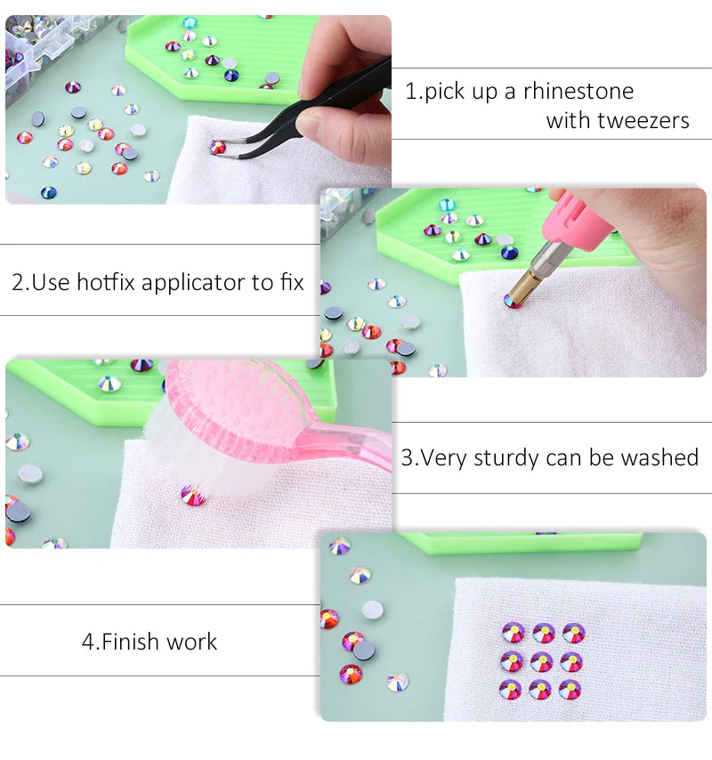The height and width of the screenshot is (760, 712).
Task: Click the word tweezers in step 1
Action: coord(643,121)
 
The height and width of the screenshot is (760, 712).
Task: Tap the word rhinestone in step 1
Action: coord(578,91)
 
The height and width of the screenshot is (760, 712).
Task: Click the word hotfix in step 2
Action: coord(107,283)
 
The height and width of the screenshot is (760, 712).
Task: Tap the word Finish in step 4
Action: coord(130,642)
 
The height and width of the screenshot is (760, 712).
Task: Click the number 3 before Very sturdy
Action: coord(407,458)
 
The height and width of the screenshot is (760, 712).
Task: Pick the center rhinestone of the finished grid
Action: coord(542,661)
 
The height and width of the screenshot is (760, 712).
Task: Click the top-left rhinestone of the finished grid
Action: coord(513,633)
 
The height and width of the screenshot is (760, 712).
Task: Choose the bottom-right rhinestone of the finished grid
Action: coord(571,689)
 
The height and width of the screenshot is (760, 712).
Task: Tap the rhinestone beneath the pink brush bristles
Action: coord(193,496)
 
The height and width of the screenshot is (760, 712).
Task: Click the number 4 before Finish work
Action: coord(87,642)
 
